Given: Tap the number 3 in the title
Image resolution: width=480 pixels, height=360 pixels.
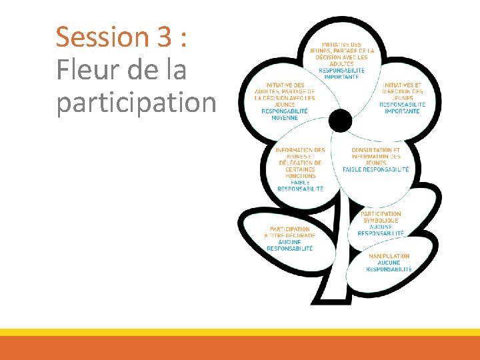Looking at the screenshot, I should tap(164, 37).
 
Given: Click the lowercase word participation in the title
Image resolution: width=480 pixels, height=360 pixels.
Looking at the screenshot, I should tap(136, 103).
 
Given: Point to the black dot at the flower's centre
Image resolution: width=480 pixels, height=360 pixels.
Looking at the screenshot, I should tap(340, 121).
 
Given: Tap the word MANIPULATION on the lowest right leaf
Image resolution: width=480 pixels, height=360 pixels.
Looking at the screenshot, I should tap(389, 256).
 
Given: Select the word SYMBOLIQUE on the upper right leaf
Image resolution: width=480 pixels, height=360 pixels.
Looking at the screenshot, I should tap(381, 221).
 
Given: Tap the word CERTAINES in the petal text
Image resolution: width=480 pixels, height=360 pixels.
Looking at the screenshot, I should tap(300, 170).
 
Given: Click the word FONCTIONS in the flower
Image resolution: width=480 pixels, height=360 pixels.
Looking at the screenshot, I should tap(300, 176).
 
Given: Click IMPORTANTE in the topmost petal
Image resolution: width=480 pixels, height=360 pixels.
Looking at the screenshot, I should tap(341, 77).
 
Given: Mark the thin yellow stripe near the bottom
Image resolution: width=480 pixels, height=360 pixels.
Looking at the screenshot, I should tap(240, 332).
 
